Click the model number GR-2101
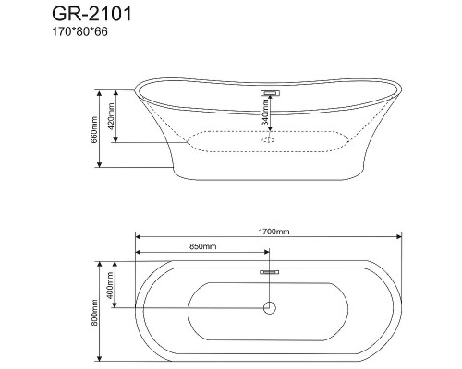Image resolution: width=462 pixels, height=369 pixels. click(x=91, y=14)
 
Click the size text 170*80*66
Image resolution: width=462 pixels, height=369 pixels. click(x=79, y=31)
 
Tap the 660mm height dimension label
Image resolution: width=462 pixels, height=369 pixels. click(x=94, y=129)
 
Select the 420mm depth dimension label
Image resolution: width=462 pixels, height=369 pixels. click(x=111, y=116)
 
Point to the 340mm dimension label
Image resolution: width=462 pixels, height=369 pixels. click(x=265, y=113)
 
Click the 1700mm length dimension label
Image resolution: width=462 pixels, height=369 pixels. click(x=274, y=232)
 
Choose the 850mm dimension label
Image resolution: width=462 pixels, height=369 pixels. click(x=202, y=246)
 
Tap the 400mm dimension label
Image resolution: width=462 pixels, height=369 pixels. click(x=110, y=286)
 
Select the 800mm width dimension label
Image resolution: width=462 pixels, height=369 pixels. click(x=94, y=313)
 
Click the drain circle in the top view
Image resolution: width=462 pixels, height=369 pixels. click(x=270, y=308)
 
